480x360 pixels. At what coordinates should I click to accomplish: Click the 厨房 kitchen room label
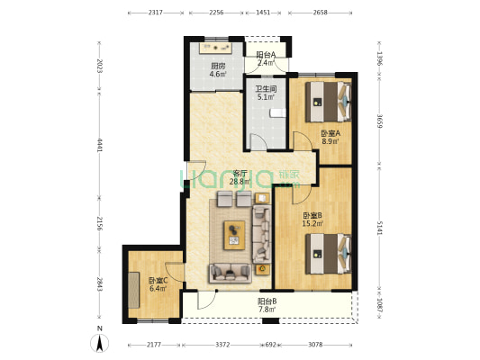218,66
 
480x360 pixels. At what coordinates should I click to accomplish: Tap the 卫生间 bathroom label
266,89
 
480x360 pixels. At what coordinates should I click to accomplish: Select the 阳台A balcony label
266,55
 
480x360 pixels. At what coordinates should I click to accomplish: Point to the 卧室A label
331,133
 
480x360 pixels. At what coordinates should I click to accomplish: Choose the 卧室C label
158,280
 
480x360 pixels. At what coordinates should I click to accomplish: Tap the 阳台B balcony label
267,301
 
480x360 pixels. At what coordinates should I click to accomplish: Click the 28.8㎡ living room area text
240,182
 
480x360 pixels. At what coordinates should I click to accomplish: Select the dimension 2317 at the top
156,13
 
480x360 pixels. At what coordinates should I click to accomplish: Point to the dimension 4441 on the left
99,145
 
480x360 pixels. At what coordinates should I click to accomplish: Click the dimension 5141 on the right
379,229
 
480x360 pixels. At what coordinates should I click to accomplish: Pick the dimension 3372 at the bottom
222,345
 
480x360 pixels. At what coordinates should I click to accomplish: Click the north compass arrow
99,343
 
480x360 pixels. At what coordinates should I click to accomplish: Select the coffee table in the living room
234,235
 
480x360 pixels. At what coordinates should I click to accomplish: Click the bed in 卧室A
328,102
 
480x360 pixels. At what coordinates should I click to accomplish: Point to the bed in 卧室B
328,254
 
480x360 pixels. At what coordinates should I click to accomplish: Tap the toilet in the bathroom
277,113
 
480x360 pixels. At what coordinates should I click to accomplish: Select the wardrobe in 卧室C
134,290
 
